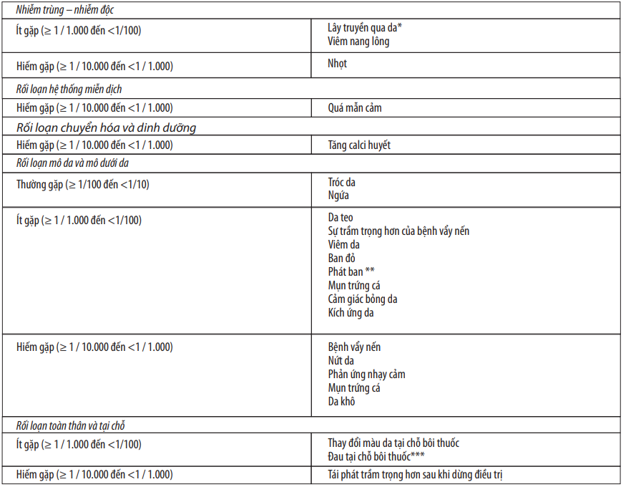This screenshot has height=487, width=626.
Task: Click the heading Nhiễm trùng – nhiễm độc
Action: point(64,10)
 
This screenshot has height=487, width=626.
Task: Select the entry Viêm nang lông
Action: point(358,42)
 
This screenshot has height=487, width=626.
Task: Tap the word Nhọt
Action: point(338,64)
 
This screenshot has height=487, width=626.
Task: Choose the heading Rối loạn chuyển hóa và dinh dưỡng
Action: point(106,127)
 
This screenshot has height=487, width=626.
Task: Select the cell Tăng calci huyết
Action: point(359,145)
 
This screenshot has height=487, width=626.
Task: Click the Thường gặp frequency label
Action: point(83,185)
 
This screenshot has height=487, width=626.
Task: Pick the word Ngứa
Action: point(338,195)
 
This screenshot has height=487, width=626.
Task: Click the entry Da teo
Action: point(341,218)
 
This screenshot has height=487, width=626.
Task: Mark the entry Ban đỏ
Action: point(342,259)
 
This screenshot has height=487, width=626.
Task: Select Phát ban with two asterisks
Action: point(351,272)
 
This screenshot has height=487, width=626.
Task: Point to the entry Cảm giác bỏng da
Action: point(363,299)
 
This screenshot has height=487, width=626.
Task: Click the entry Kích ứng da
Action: point(351,313)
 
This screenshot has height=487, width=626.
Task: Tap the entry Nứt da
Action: point(341,361)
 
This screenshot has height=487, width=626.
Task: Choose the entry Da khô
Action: point(341,402)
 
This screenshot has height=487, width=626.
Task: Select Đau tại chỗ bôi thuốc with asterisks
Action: point(382,457)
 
